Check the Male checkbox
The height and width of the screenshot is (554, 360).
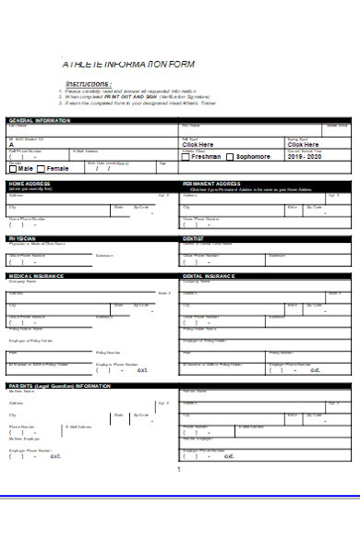11,168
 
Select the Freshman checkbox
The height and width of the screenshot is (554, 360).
186,157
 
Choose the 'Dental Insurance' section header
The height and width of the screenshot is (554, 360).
209,275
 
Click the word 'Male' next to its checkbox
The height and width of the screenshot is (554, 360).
25,168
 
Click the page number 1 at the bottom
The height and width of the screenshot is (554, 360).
177,468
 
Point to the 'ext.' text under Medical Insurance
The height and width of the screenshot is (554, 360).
142,369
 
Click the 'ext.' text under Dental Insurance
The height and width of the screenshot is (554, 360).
314,369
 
